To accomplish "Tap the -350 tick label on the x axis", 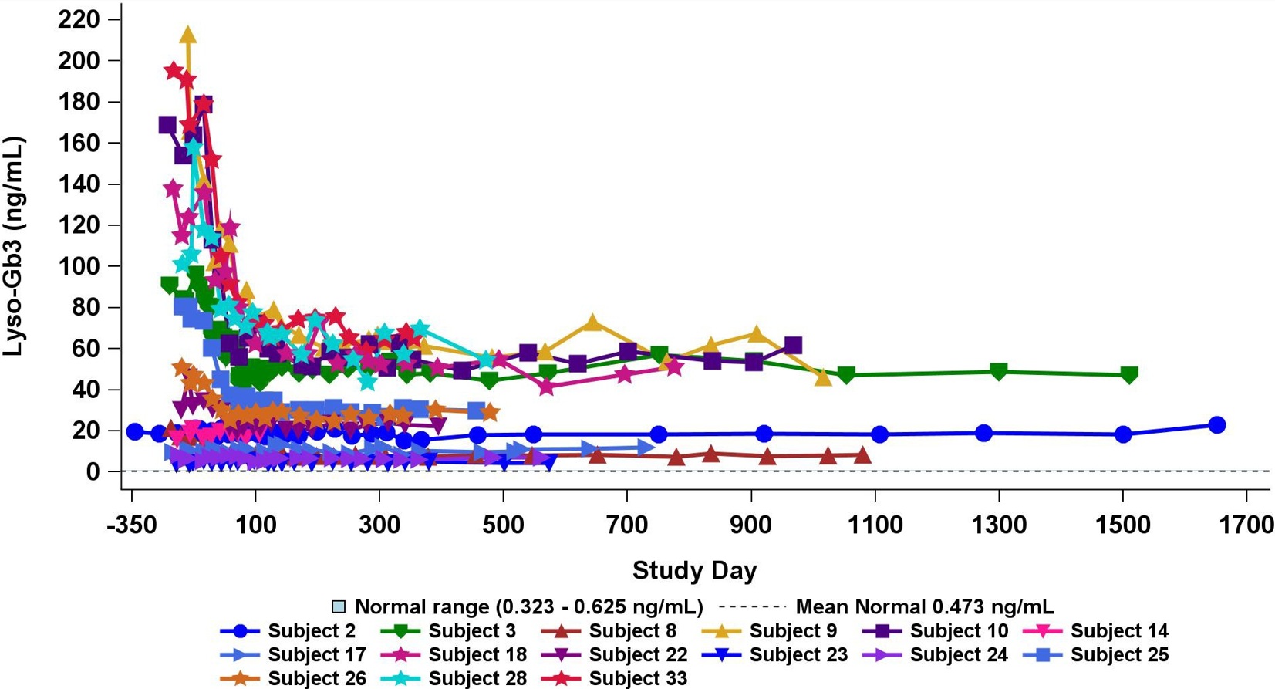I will tap(132, 526).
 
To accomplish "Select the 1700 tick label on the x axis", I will tap(1246, 526).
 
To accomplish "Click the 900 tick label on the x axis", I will tap(750, 526).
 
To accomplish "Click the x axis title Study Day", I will tap(694, 570).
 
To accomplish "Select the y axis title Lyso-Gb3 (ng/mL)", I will tap(13, 246).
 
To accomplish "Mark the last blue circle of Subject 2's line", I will tap(1217, 425).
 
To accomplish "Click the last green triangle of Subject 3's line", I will tap(1129, 375).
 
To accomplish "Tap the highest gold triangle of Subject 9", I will tap(187, 35).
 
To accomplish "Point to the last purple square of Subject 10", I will tap(793, 345).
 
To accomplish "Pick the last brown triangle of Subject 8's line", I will tap(862, 455).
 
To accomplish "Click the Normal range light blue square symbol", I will tap(338, 607).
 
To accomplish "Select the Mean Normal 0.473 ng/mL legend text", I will tap(924, 607).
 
